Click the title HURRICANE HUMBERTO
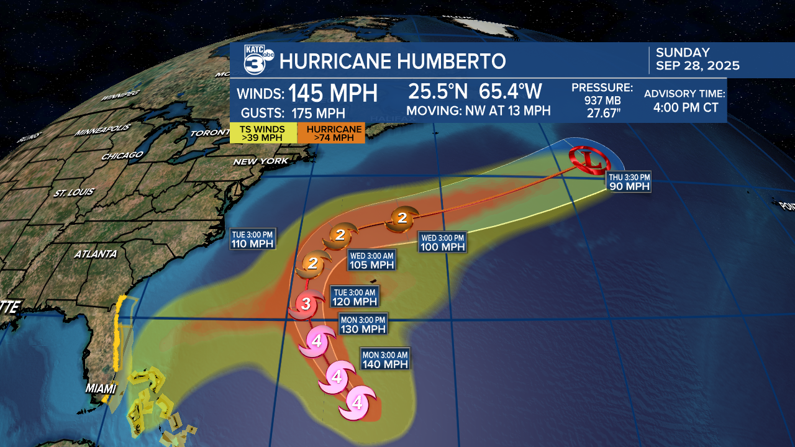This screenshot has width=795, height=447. tap(393, 61)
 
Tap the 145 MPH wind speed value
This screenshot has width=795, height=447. tap(333, 93)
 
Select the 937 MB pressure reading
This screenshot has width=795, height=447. tap(601, 99)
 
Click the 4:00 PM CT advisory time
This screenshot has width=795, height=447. tap(685, 107)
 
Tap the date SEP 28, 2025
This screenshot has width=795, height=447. tap(697, 66)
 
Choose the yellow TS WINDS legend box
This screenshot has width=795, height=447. tap(262, 133)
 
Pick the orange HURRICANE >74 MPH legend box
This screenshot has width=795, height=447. tap(331, 133)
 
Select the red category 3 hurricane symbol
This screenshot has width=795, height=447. tap(305, 304)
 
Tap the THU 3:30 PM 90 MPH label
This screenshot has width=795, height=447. tap(629, 181)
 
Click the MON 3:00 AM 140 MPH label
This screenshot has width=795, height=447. tap(385, 359)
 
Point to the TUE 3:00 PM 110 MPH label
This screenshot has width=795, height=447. tap(252, 239)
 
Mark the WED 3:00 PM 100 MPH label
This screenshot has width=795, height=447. tap(442, 242)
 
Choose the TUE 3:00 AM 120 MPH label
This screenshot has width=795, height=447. tap(355, 297)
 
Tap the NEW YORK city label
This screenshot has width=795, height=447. tap(261, 161)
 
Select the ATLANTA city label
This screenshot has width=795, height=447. tap(95, 254)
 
